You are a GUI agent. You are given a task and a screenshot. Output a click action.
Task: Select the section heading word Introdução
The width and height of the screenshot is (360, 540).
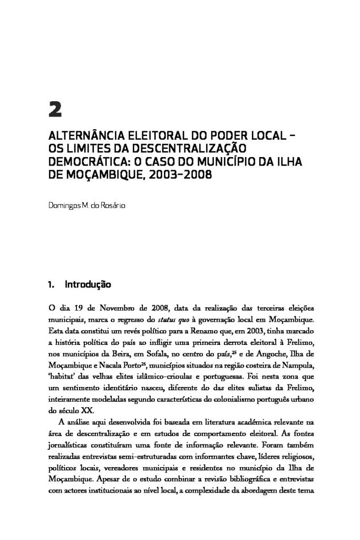coord(87,285)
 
